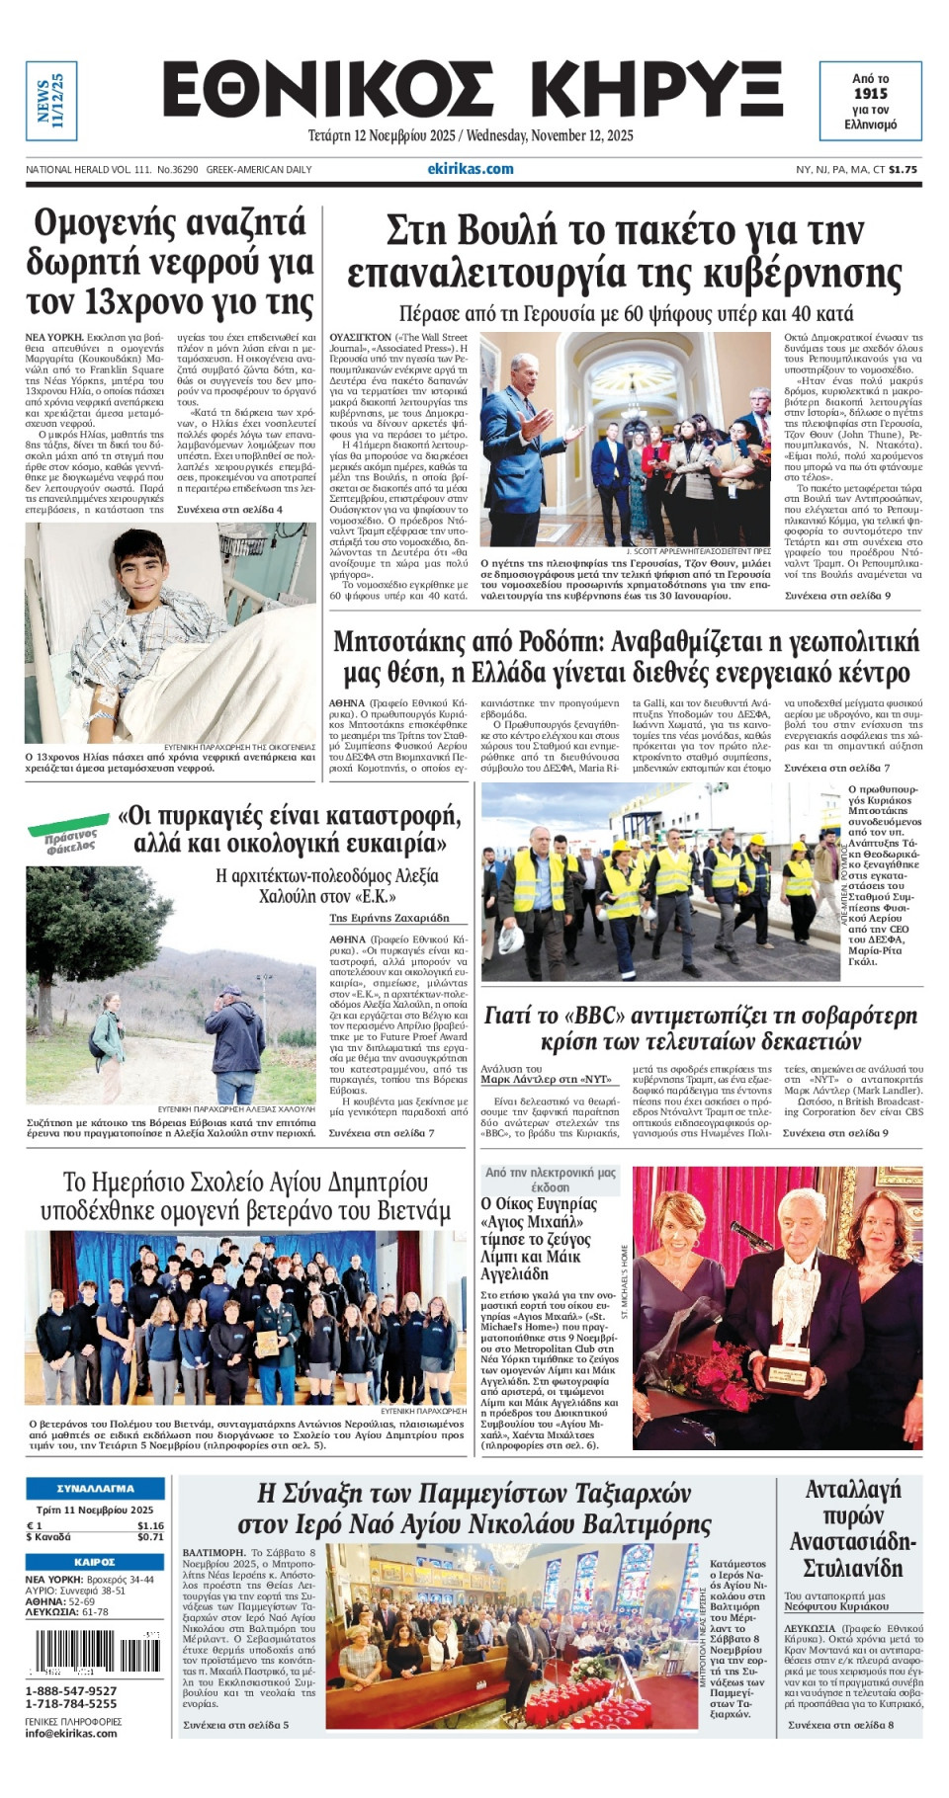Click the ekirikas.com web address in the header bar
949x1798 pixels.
[471, 169]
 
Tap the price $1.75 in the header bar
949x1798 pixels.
[903, 170]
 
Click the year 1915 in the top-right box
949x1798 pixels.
[870, 94]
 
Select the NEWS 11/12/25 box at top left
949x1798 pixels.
[50, 100]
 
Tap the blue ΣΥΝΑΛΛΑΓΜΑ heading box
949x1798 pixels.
[95, 1488]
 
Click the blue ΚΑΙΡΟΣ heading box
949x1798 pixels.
[95, 1562]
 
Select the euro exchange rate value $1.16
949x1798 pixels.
[150, 1526]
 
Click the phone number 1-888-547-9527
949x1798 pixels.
[71, 1690]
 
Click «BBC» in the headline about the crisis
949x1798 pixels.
[592, 1016]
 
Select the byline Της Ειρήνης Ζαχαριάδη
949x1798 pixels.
[389, 918]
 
